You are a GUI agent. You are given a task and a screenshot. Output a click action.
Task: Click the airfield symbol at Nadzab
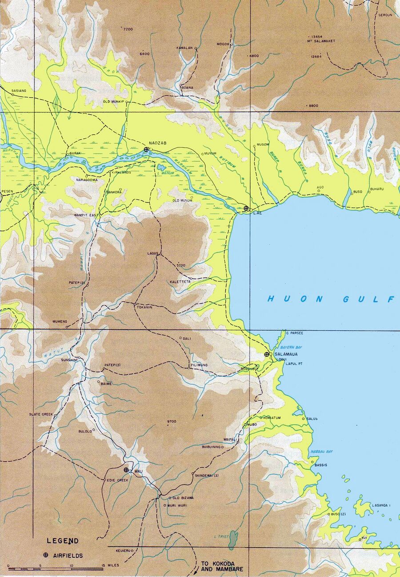[146, 149]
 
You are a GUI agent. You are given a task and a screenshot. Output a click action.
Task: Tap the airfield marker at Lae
[246, 208]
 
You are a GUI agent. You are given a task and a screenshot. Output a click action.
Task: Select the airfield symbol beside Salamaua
[267, 354]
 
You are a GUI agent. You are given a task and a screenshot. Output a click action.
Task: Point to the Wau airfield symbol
[126, 469]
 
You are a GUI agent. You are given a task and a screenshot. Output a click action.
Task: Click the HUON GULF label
[331, 299]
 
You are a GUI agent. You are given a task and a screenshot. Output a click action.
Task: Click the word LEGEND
[63, 541]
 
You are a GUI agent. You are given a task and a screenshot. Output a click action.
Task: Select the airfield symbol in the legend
[45, 555]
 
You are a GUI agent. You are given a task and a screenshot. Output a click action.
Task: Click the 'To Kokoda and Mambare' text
[217, 566]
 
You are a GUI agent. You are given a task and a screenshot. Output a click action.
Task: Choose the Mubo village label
[252, 425]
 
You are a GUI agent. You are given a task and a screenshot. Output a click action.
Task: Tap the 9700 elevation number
[172, 421]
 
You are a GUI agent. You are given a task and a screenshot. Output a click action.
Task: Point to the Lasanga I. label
[381, 505]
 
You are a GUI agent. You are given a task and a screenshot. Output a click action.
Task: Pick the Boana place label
[187, 88]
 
